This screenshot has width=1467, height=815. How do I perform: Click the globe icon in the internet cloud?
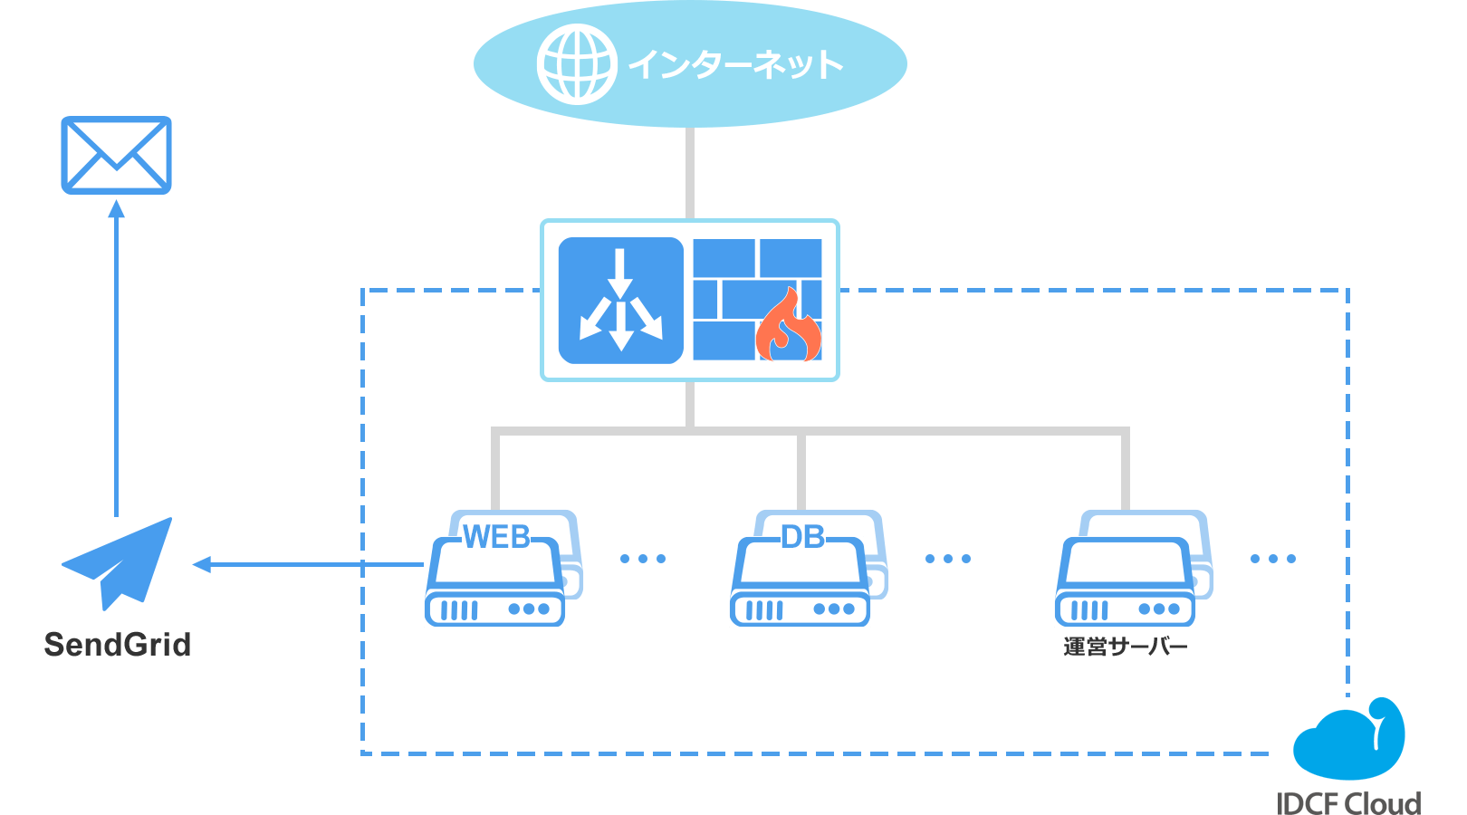[577, 64]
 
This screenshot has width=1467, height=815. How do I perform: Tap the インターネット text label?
[734, 64]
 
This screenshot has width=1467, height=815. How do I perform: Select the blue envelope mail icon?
[116, 155]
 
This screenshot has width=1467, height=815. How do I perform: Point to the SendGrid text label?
[118, 645]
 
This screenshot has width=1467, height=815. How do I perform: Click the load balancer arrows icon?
[621, 301]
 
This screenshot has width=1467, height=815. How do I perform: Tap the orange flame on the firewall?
[789, 328]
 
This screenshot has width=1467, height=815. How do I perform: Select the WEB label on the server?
[497, 538]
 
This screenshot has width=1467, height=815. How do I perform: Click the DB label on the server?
[802, 538]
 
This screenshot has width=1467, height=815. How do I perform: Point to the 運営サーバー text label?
[1125, 647]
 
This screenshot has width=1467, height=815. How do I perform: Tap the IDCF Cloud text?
[1348, 803]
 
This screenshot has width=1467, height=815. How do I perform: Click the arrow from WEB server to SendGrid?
[308, 565]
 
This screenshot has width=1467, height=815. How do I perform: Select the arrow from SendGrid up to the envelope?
[117, 362]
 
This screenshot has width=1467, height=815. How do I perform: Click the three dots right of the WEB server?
[643, 559]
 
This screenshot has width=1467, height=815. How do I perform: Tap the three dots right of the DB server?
[948, 559]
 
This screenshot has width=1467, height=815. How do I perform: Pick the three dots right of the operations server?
[1273, 559]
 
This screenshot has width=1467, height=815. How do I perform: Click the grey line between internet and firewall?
[690, 172]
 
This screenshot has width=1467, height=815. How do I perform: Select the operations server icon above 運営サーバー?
[1127, 570]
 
